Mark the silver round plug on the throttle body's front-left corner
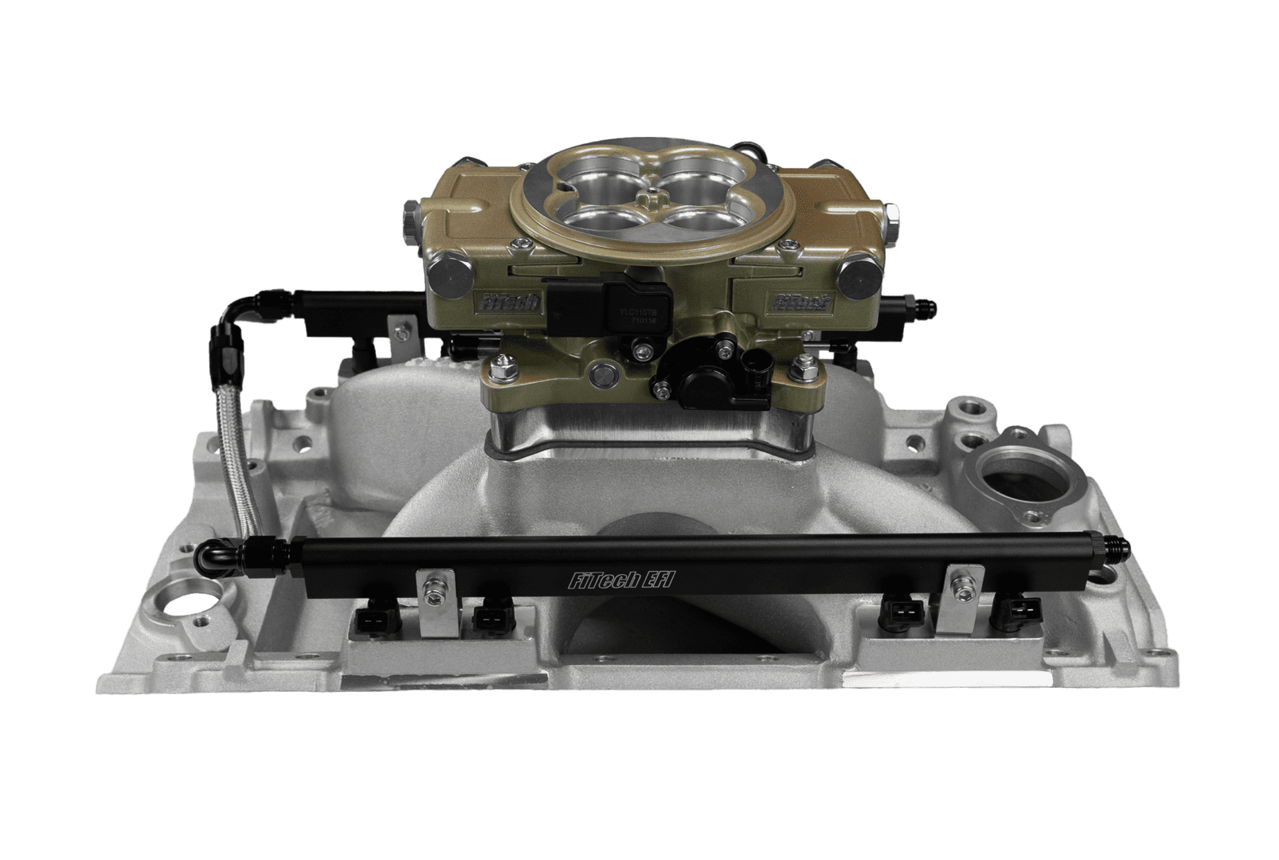pyautogui.click(x=444, y=277)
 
